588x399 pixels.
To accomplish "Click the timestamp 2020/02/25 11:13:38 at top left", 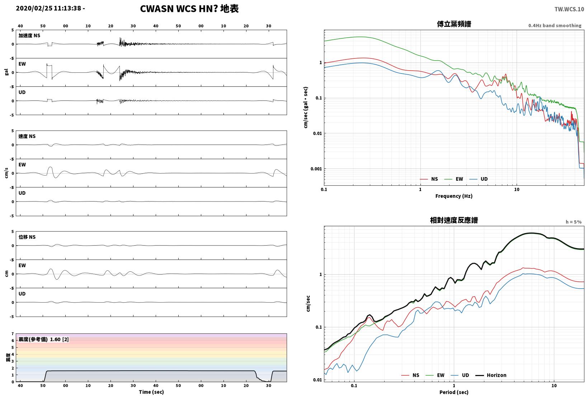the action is tap(48, 8).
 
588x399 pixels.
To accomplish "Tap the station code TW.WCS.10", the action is tap(569, 9).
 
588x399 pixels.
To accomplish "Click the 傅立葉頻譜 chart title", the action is tap(454, 24).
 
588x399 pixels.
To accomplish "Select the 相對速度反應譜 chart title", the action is tap(454, 220).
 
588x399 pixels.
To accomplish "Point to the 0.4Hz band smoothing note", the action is tap(555, 25).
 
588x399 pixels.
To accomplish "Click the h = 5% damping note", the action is tap(574, 222).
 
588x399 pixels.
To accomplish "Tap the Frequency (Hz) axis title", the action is tap(454, 196).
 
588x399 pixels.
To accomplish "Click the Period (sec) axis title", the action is tap(454, 392).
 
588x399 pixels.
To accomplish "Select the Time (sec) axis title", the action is tap(151, 392).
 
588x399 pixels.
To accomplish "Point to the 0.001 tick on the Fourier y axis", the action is tap(316, 169).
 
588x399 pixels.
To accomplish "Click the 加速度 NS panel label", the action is tap(29, 35).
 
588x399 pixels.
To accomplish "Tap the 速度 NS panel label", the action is tap(27, 136).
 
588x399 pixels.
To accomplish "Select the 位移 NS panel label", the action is tap(27, 237).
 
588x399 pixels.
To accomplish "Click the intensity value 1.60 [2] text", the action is tap(59, 339).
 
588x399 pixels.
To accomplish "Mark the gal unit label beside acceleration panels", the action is tap(6, 72).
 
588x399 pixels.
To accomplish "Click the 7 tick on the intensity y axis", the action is tap(13, 334).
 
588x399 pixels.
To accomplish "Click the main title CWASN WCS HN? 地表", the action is tap(189, 9).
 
